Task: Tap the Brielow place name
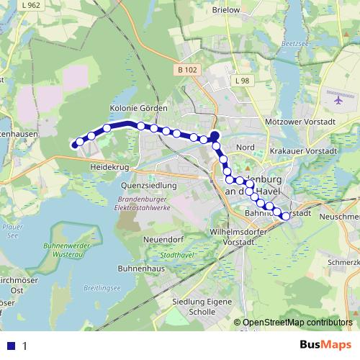tap(225, 10)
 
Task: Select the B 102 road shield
tap(186, 69)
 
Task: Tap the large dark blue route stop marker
tap(214, 135)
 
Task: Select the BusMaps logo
tap(327, 344)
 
